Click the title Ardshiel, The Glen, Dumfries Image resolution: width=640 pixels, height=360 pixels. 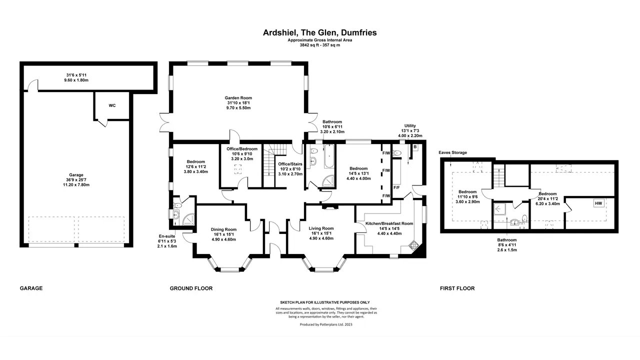[x=319, y=32]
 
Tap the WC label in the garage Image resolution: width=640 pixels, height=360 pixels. [x=112, y=105]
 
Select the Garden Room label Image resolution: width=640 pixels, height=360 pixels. [x=238, y=97]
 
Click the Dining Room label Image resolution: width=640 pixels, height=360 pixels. [x=223, y=229]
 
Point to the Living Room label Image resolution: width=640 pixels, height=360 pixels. [x=321, y=228]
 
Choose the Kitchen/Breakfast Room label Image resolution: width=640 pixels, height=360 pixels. [x=389, y=223]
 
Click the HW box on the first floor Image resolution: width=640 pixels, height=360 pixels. [x=598, y=203]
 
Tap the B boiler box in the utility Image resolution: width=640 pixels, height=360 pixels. [x=415, y=147]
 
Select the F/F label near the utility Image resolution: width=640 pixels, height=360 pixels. [x=396, y=187]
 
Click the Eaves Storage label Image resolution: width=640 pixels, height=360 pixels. [x=453, y=152]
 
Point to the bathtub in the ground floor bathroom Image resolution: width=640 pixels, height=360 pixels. [x=329, y=156]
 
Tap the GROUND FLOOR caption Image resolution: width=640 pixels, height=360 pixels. [x=191, y=288]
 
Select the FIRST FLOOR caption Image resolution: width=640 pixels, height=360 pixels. [x=457, y=288]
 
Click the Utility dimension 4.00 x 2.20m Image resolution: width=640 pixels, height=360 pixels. [x=410, y=135]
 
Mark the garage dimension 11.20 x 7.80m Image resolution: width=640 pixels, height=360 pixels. [x=76, y=185]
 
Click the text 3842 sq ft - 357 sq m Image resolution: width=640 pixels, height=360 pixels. [x=319, y=45]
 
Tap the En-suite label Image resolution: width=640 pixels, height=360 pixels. [x=167, y=236]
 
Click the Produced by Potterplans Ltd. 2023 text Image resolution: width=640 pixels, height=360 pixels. [x=326, y=324]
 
